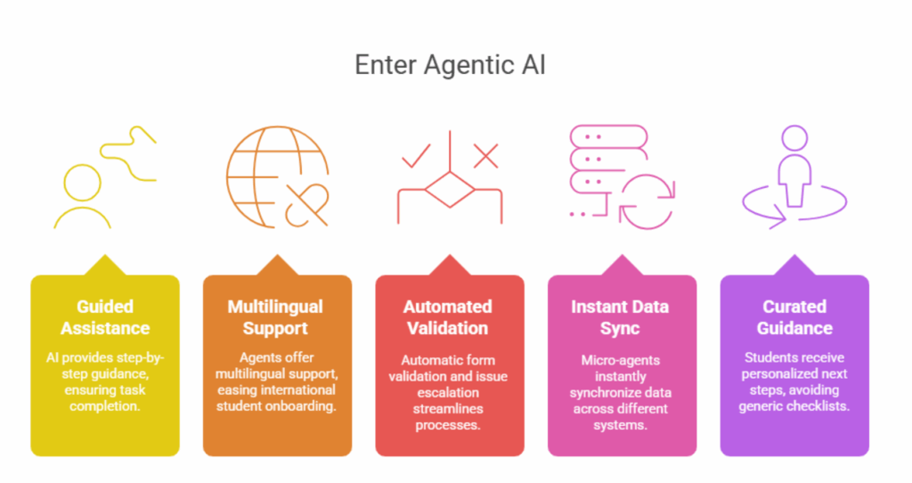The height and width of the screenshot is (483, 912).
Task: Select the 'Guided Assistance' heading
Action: coord(105,317)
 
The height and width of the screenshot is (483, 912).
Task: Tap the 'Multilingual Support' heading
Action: coord(276,317)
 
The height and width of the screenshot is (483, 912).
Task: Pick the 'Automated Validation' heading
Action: coord(448,317)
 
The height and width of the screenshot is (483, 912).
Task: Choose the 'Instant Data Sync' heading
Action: coord(621,317)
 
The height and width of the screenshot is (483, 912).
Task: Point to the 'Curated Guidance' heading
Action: coord(794,317)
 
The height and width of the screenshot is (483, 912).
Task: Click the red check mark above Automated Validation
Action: coord(417,156)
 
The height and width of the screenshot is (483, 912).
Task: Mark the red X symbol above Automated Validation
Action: coord(485,156)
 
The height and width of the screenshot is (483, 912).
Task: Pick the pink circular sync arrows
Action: coord(648,201)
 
